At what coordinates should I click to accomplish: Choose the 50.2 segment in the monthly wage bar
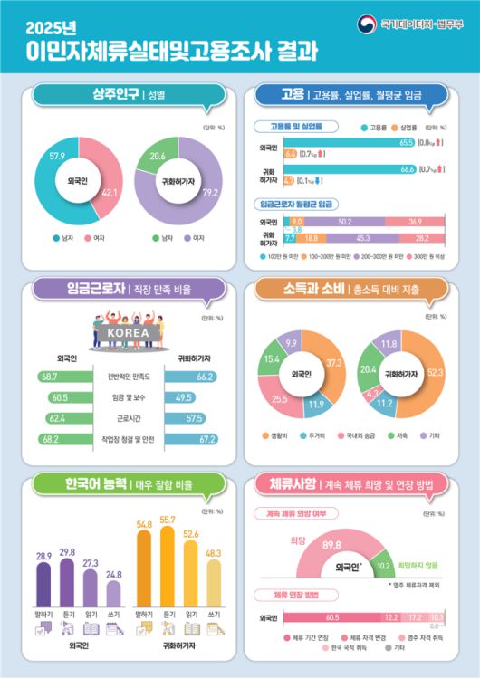(x=343, y=222)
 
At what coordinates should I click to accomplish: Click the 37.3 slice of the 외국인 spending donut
(x=332, y=363)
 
